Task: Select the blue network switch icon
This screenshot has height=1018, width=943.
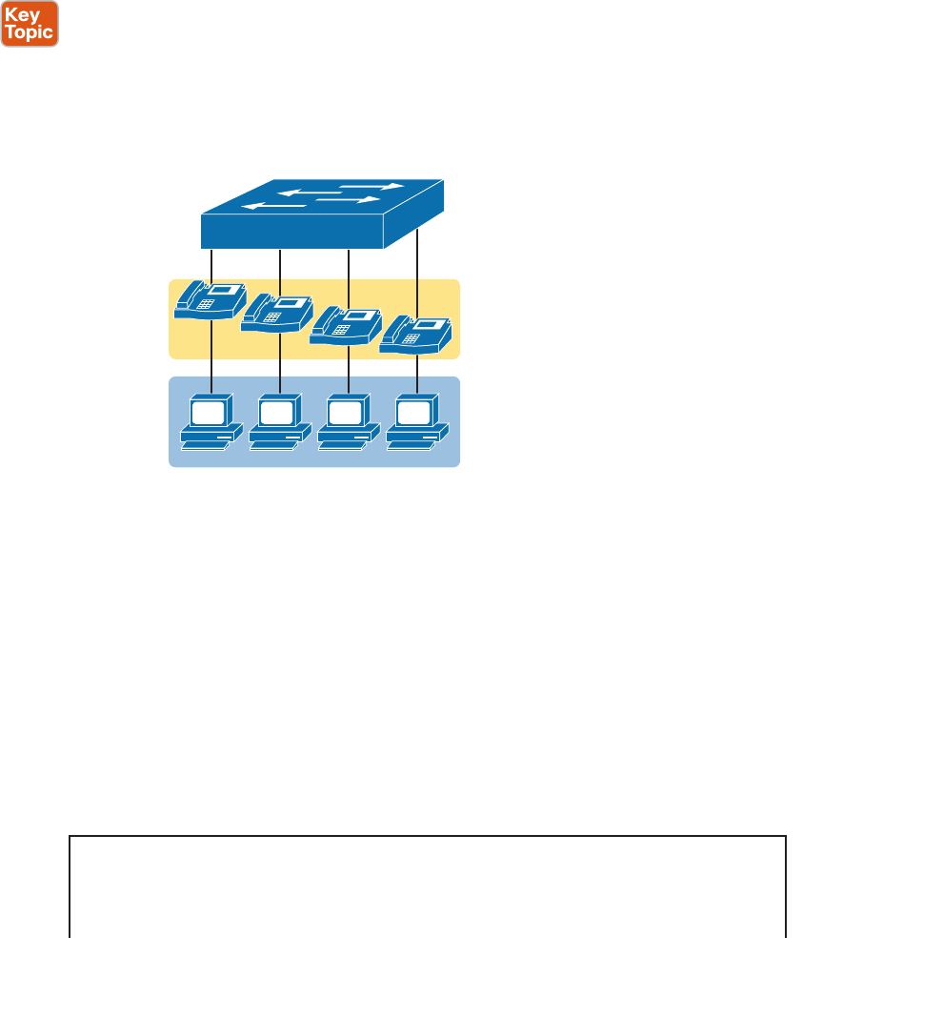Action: [322, 214]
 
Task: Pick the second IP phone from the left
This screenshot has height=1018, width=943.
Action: [278, 314]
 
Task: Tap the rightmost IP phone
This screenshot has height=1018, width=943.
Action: [415, 336]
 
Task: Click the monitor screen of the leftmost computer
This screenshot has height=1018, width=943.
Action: [210, 412]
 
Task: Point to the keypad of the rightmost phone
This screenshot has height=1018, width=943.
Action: [411, 338]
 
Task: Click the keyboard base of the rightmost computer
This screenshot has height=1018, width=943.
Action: [416, 439]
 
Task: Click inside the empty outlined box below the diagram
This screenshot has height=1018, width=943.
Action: [428, 886]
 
